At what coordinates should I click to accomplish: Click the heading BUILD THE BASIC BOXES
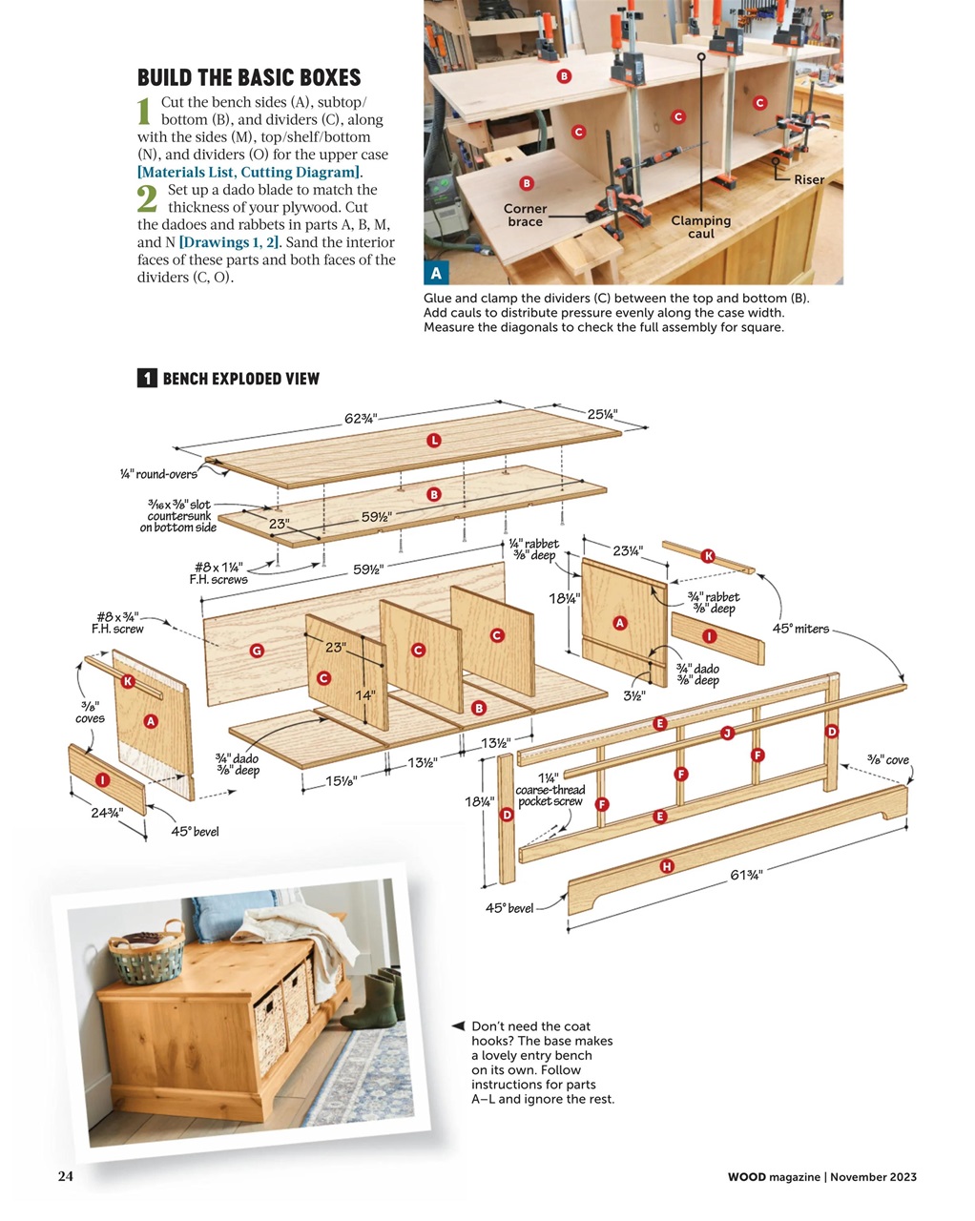tap(249, 77)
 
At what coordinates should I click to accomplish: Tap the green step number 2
tap(147, 198)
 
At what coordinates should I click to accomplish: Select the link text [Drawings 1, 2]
tap(229, 242)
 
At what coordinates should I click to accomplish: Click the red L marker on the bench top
tap(434, 440)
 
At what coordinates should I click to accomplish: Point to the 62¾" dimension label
tap(361, 418)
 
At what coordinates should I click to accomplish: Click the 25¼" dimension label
tap(602, 414)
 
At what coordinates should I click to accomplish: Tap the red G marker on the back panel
tap(256, 651)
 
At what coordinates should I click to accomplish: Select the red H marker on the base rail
tap(667, 866)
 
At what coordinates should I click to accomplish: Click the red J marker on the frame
tap(727, 733)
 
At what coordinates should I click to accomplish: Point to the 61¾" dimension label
tap(746, 874)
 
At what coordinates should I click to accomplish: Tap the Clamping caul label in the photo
tap(700, 227)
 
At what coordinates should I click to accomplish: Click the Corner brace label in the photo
tap(525, 216)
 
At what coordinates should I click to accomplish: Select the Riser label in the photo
tap(808, 179)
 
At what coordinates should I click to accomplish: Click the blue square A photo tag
tap(436, 274)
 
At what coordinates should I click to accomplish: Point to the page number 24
tap(65, 1176)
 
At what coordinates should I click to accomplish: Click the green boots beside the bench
tap(376, 998)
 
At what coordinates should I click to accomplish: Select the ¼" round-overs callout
tap(158, 474)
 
